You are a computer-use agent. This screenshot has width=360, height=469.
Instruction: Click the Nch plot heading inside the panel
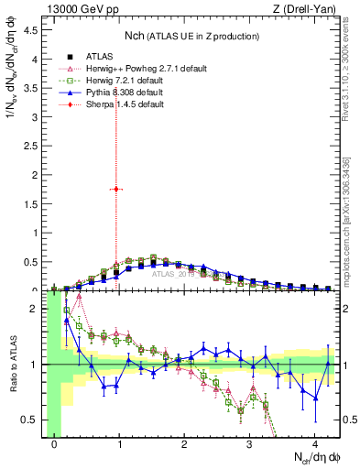[191, 36]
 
